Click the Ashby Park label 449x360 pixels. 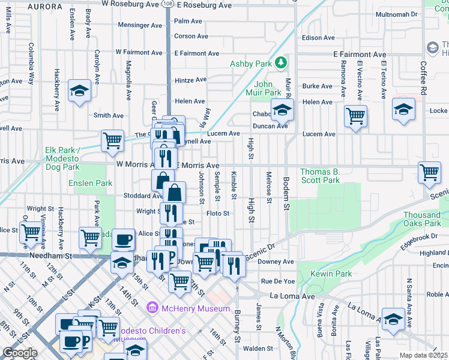pyautogui.click(x=250, y=64)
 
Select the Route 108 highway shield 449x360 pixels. pyautogui.click(x=167, y=4)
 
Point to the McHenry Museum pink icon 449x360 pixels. pyautogui.click(x=152, y=308)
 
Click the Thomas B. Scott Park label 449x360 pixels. pyautogui.click(x=320, y=176)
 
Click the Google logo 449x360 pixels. pyautogui.click(x=19, y=353)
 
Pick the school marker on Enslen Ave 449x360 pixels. pyautogui.click(x=79, y=91)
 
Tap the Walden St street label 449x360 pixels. pyautogui.click(x=258, y=348)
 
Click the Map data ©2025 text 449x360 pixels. pyautogui.click(x=423, y=355)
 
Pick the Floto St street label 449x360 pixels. pyautogui.click(x=218, y=213)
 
